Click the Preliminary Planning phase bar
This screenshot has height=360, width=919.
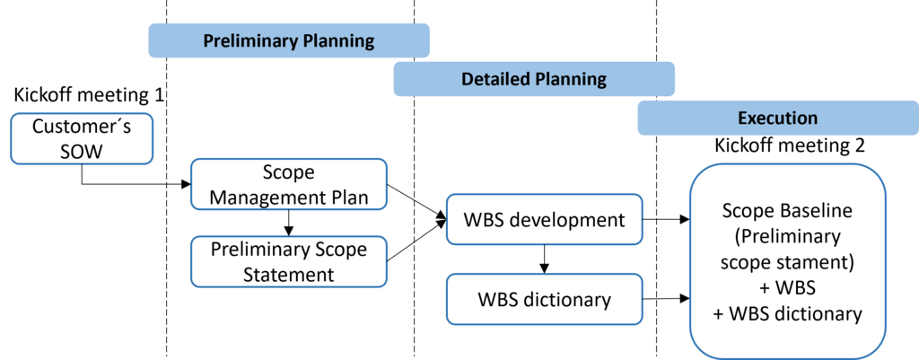(x=288, y=40)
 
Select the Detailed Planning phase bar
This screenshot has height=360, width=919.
(x=534, y=79)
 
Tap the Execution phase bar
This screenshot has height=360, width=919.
(x=777, y=118)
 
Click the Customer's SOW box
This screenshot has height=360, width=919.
(x=82, y=139)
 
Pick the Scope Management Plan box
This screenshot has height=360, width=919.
(x=288, y=184)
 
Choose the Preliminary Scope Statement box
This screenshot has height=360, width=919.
(x=288, y=261)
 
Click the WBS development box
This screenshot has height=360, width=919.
(x=544, y=219)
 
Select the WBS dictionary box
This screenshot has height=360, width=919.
(x=544, y=299)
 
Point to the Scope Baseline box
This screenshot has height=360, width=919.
(x=787, y=261)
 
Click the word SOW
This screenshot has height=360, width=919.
(x=82, y=152)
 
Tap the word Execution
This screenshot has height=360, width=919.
(x=777, y=118)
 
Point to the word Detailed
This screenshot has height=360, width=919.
(x=495, y=79)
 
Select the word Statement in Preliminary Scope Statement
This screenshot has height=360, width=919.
(x=288, y=274)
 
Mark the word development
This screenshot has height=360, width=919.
(x=568, y=219)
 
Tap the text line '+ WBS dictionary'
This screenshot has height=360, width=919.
(x=787, y=314)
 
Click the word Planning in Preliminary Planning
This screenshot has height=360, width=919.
(x=337, y=40)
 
